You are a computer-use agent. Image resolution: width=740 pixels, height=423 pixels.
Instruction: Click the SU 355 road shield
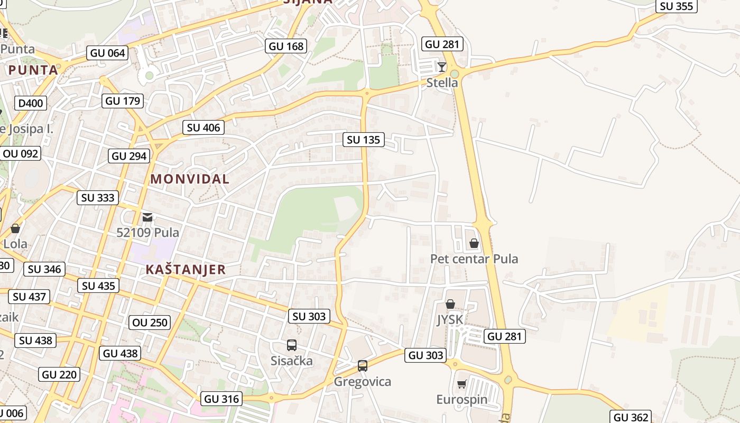pos(677,6)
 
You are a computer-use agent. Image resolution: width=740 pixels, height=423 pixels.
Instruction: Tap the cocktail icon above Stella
pos(442,67)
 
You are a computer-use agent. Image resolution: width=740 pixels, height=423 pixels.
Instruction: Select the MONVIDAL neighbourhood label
pos(190,179)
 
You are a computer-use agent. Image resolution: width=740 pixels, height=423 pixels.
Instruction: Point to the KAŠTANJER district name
pos(186,269)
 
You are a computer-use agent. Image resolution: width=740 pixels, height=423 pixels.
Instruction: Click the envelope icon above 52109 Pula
pos(147,217)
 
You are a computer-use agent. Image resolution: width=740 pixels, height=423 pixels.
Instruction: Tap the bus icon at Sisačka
pos(291,345)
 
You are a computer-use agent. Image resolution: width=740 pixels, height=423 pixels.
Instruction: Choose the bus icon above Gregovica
pos(362,365)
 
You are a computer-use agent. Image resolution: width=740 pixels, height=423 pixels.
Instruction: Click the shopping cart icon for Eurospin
pos(461,384)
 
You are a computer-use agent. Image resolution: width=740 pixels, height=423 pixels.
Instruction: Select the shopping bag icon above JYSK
pos(450,304)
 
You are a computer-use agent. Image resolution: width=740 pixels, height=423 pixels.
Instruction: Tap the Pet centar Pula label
pos(474,259)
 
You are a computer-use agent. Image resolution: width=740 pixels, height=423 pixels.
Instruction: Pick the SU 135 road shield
pos(364,140)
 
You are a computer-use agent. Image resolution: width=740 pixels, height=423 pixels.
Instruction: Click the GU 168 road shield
pos(286,46)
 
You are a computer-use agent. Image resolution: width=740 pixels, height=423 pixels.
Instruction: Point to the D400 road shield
pos(31,103)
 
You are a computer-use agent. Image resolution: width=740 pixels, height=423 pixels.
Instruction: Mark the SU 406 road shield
pos(203,127)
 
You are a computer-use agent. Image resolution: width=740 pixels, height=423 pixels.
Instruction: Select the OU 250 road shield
pos(150,322)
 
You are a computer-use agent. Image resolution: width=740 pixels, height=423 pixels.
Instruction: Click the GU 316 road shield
pos(221,399)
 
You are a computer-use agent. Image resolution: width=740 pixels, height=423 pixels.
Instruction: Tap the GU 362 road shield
pos(632,417)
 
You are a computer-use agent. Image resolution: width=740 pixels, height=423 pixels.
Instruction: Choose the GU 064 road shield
pos(108,52)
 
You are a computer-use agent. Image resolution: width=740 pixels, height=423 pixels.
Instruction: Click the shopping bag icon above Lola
pos(15,228)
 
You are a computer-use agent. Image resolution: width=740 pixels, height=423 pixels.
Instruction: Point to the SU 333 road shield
pos(98,198)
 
